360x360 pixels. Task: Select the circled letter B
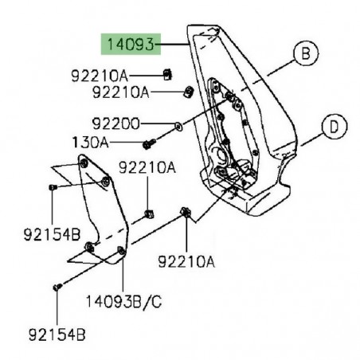click(x=303, y=54)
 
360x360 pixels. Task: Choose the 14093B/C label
click(x=124, y=302)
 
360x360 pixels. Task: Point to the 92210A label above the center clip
click(x=148, y=168)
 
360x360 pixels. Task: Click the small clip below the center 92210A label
click(x=149, y=211)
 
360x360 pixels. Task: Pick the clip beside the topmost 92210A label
click(x=166, y=76)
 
